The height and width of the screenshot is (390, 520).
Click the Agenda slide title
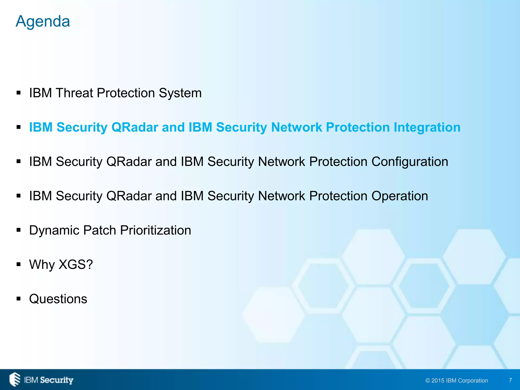tap(43, 21)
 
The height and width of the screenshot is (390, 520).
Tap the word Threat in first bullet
tap(74, 93)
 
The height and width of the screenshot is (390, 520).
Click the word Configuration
tap(410, 162)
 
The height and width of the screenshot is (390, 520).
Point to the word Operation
tap(400, 196)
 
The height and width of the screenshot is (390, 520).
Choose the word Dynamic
tap(54, 231)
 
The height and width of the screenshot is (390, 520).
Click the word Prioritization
tap(155, 231)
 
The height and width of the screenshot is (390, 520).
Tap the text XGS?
tap(76, 265)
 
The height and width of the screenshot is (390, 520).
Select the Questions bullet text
tap(58, 299)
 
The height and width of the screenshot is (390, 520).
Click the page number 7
tap(510, 380)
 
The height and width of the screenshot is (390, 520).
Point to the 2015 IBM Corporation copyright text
tap(457, 380)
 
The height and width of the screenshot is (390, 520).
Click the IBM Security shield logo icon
tap(15, 379)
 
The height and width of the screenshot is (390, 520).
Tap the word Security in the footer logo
tap(57, 380)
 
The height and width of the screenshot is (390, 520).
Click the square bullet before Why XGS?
tap(19, 265)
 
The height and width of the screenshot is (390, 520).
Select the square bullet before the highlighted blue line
tap(19, 127)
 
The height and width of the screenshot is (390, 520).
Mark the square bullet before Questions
tap(19, 299)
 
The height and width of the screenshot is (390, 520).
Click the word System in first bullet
tap(180, 93)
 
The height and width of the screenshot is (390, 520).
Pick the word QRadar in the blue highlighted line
tap(135, 127)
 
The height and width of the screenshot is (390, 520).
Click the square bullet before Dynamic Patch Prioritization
tap(19, 230)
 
